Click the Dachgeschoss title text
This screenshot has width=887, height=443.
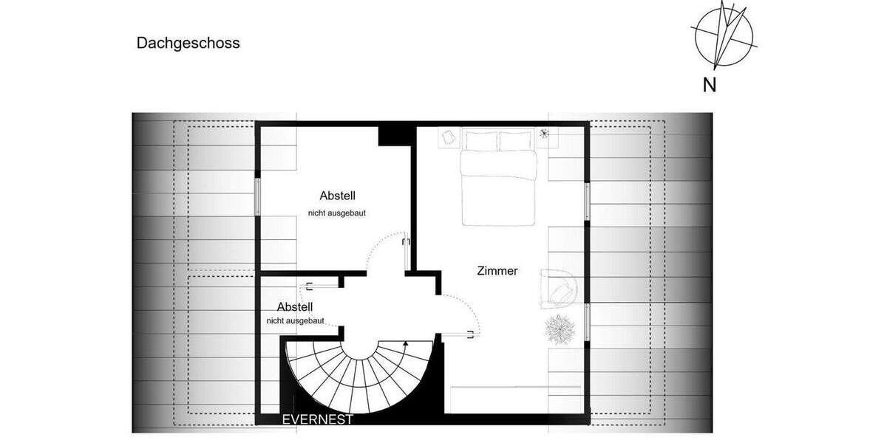point(188,43)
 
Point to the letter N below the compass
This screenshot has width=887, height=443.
point(710,85)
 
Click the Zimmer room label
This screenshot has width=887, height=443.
point(497,271)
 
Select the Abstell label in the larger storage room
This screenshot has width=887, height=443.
point(338,196)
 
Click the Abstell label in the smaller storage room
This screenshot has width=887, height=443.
point(295,306)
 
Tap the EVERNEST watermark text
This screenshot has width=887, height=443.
point(318,419)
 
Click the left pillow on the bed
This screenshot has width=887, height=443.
point(480,140)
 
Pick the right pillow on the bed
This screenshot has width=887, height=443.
point(517,140)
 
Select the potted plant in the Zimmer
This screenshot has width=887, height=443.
point(559,329)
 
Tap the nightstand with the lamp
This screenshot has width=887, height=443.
point(546,136)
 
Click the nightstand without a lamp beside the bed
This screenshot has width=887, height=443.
point(449,137)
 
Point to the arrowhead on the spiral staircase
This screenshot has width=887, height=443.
point(406,343)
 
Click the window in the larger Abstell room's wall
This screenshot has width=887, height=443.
point(258,196)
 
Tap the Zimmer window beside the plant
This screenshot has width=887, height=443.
point(588,325)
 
